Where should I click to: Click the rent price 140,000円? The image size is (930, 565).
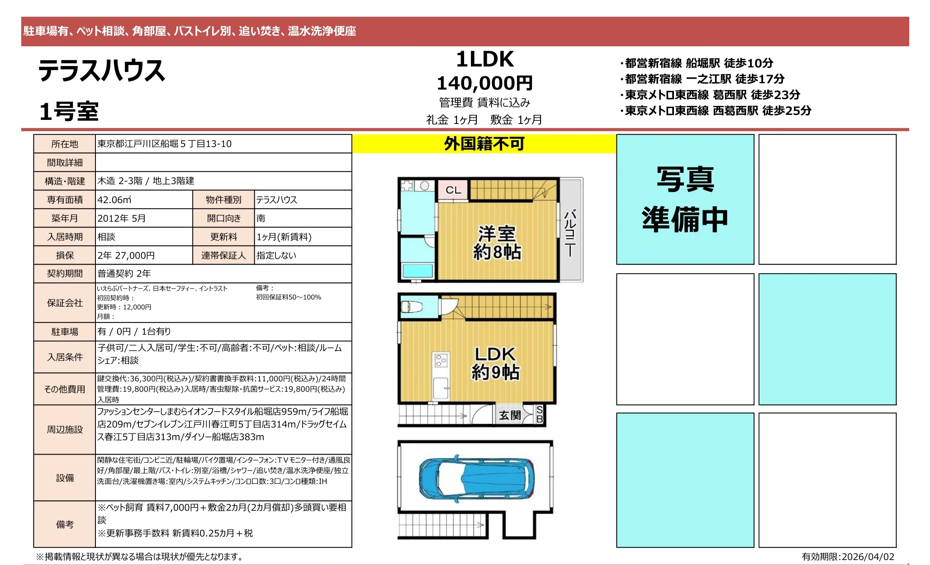484,83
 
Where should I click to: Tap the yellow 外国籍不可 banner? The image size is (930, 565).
484,144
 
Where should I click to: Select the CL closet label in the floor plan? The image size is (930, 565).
453,190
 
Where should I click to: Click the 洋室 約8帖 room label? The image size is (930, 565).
497,243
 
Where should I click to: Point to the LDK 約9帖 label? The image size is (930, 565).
495,363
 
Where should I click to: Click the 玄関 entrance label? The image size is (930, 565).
510,415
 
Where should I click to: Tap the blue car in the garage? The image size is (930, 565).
477,478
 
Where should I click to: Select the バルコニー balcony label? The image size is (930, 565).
570,233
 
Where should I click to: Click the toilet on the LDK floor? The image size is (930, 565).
412,306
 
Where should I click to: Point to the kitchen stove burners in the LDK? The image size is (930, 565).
441,360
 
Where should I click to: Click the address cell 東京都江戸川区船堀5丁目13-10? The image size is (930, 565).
165,144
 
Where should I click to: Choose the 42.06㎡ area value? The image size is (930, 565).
114,199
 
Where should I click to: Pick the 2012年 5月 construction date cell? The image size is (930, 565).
122,218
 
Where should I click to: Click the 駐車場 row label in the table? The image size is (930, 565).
65,332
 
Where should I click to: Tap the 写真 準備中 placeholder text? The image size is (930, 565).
685,199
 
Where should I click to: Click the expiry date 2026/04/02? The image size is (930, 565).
868,556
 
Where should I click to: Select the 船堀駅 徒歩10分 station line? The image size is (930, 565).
697,63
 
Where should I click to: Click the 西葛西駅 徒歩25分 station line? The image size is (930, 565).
716,110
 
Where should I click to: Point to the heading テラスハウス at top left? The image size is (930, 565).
102,71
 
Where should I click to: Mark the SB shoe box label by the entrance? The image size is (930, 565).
540,414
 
